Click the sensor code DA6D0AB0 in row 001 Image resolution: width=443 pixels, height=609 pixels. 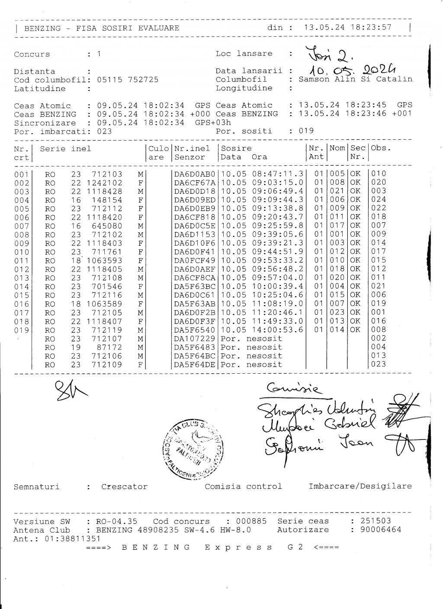[x=194, y=174]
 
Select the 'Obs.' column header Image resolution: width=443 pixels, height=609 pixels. [x=380, y=148]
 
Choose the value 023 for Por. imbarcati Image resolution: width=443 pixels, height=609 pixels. [x=104, y=131]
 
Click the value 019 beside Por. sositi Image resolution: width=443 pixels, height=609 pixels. [x=306, y=131]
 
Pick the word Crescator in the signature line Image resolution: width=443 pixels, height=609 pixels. [x=124, y=487]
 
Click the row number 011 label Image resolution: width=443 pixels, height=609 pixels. [x=21, y=261]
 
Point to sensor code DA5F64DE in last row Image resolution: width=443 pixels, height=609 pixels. [x=194, y=365]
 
